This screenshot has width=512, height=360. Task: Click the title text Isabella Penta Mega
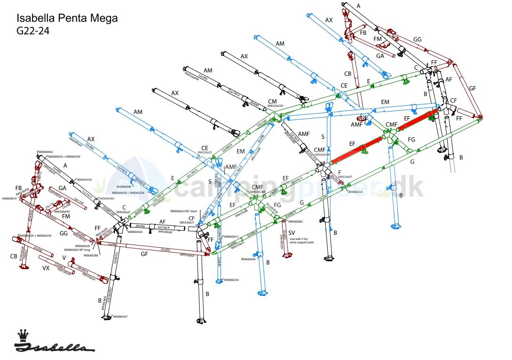(x=67, y=18)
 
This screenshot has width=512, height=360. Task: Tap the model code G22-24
(x=33, y=31)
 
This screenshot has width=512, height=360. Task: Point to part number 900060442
(x=45, y=152)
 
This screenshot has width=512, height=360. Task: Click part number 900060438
(x=85, y=180)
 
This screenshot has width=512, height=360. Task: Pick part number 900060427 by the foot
(x=120, y=317)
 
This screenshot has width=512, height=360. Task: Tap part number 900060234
(x=231, y=280)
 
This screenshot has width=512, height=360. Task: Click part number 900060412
(x=231, y=236)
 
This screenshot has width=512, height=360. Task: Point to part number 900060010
(x=9, y=199)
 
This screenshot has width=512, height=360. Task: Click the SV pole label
(x=292, y=233)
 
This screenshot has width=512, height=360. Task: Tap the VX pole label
(x=46, y=268)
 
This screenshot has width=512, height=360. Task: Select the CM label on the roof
(x=272, y=101)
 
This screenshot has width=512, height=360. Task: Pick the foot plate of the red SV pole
(x=285, y=256)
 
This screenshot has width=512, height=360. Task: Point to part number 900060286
(x=91, y=255)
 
